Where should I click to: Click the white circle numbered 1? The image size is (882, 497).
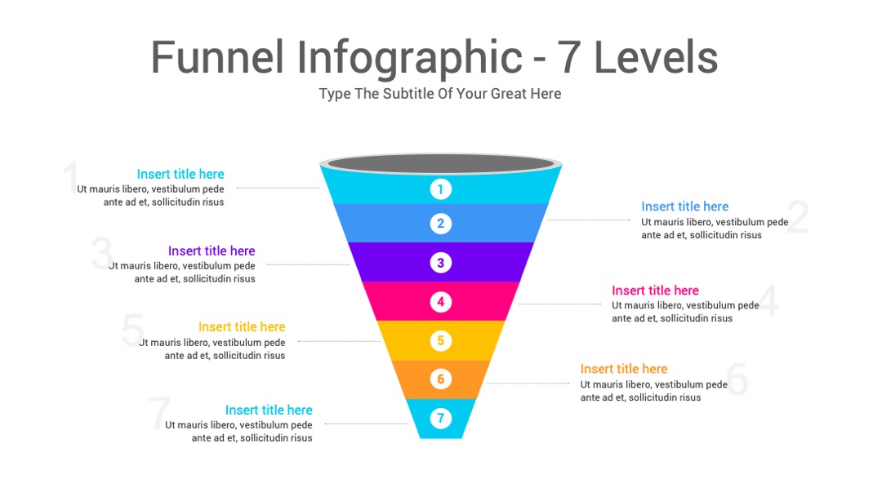coord(440,189)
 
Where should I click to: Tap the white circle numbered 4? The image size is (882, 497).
coord(440,302)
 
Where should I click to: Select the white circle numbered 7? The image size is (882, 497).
coord(440,419)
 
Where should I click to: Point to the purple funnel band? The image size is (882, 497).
coord(440,262)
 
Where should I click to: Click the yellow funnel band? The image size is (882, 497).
coord(440,340)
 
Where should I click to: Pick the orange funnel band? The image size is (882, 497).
coord(440,379)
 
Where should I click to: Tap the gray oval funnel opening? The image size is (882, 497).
coord(441,163)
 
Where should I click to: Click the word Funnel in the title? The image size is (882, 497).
coord(217,57)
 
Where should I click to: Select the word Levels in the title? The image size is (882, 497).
coord(656,57)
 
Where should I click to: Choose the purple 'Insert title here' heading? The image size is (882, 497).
coord(212,251)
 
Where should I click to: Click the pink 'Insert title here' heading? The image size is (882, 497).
coord(655,291)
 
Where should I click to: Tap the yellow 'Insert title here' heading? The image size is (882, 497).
coord(242,326)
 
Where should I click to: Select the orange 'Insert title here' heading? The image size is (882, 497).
coord(624,369)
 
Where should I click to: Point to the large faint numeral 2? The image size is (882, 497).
coord(798,217)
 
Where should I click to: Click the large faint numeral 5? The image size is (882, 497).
coord(133,330)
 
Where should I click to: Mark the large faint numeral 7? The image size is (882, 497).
coord(159,413)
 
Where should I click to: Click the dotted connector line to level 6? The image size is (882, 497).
coord(528,384)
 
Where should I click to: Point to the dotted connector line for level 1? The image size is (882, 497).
coord(278,188)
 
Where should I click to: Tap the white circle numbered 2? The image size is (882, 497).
coord(440,224)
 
